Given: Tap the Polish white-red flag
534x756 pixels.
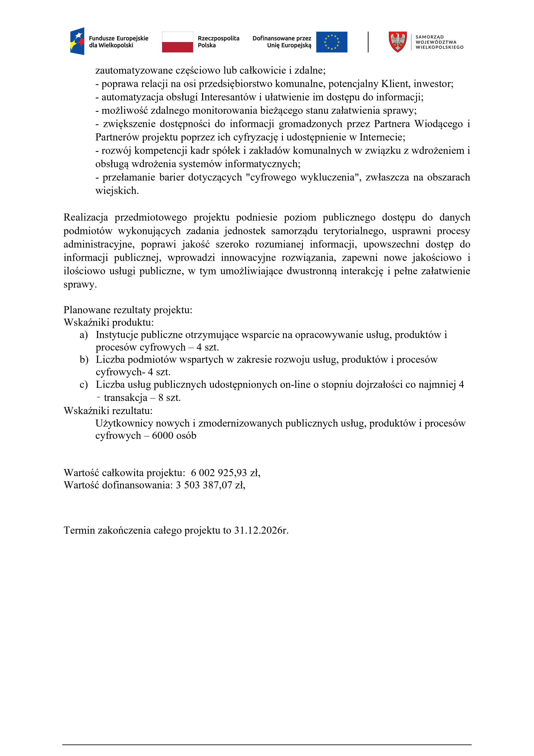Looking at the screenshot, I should [x=177, y=42].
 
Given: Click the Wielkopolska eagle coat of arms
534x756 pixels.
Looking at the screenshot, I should [x=398, y=42].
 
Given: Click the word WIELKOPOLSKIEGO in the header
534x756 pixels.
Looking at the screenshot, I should [x=439, y=47].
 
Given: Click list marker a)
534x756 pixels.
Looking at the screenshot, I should [x=84, y=335].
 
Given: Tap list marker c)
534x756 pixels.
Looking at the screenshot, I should [x=84, y=385].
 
